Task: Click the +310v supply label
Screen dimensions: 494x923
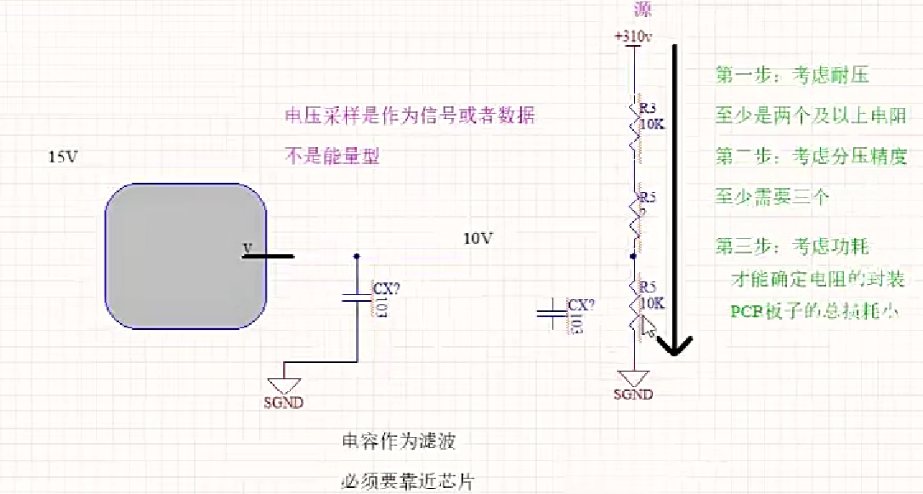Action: click(x=633, y=37)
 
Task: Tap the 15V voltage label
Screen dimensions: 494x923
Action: click(x=63, y=157)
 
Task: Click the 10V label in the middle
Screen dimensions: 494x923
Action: click(x=478, y=239)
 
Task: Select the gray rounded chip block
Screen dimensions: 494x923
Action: click(x=186, y=256)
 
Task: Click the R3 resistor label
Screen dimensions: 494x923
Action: click(x=648, y=108)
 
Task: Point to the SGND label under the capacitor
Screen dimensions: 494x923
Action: click(x=284, y=403)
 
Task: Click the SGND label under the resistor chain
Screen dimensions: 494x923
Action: click(x=633, y=395)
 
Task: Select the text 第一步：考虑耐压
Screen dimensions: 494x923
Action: click(x=792, y=77)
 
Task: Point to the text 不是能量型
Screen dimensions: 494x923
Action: click(x=331, y=156)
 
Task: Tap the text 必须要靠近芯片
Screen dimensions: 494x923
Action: click(x=407, y=481)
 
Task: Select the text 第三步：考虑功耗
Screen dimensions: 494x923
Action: click(x=792, y=247)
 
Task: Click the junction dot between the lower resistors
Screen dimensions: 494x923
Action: click(x=633, y=254)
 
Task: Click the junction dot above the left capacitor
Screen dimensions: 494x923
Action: click(x=356, y=255)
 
